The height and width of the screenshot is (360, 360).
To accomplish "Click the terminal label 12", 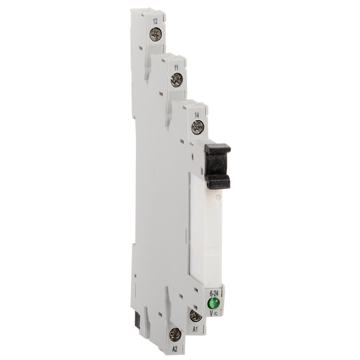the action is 155,22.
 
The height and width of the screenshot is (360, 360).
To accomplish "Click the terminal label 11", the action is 176,68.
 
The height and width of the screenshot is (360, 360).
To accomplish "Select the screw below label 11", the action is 176,80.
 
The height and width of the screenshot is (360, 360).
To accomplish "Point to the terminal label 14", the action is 197,115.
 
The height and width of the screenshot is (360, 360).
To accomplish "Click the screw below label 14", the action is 198,127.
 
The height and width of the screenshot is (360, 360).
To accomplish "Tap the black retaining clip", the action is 218,166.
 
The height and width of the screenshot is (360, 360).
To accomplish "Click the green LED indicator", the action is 213,303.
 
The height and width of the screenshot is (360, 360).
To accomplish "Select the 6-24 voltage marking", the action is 214,293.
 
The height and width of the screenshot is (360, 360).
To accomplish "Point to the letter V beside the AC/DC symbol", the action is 211,313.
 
